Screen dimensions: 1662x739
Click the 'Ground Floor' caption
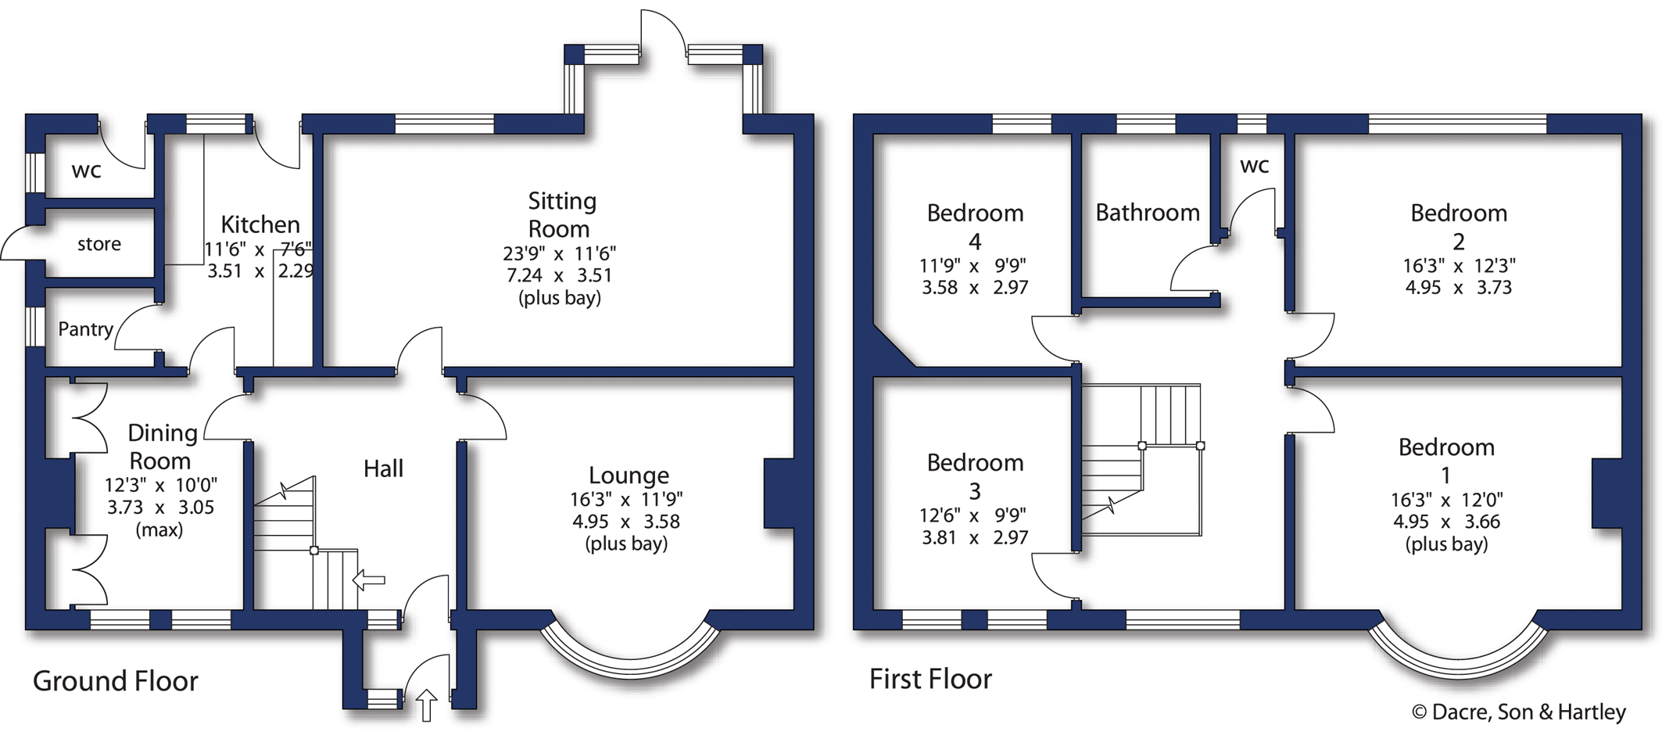click(116, 681)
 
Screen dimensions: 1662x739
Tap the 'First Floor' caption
click(930, 679)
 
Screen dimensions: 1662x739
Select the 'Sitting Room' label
click(562, 215)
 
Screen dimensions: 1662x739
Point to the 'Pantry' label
click(86, 329)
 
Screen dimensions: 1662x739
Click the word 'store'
click(99, 244)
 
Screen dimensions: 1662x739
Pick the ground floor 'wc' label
click(86, 170)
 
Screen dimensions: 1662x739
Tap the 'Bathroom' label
click(1148, 212)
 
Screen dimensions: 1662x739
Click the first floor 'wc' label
click(1255, 166)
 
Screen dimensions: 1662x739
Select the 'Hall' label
click(383, 468)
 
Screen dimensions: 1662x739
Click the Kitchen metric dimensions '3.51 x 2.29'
click(260, 272)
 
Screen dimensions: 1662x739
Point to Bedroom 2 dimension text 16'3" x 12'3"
click(1459, 267)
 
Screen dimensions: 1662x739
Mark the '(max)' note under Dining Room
click(159, 529)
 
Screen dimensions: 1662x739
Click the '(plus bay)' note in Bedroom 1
click(1446, 544)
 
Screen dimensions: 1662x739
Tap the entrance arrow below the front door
click(427, 705)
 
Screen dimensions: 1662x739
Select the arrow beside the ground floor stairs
click(369, 580)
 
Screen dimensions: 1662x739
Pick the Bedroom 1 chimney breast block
click(1607, 494)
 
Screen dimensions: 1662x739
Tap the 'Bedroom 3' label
click(975, 476)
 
